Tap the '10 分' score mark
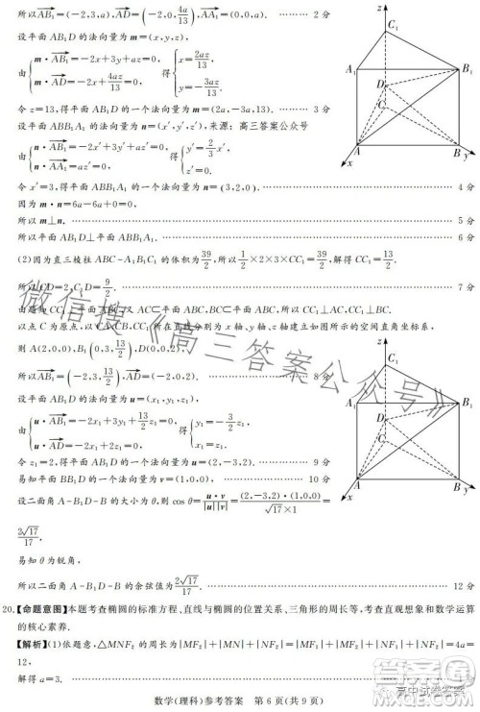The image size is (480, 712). (x=321, y=478)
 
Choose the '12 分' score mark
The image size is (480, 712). (x=466, y=585)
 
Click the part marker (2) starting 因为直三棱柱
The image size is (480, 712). (x=26, y=258)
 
